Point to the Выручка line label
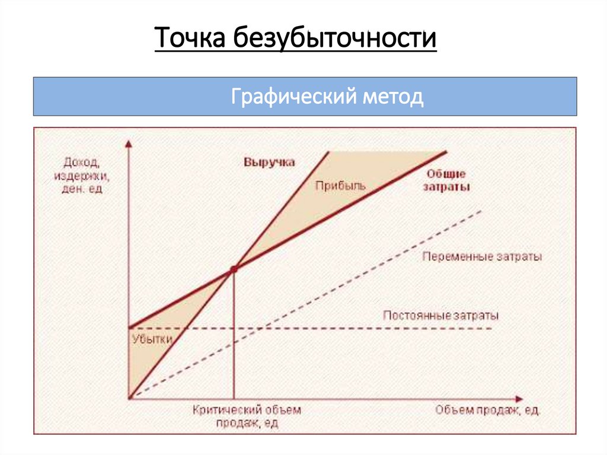tap(269, 162)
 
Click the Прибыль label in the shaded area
tap(340, 185)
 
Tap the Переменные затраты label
tap(481, 257)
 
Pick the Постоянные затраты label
tap(440, 315)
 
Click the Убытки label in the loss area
tap(152, 339)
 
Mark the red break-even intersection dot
tap(234, 269)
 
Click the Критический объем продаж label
tap(247, 416)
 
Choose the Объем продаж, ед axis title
tap(487, 410)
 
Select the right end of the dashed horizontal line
tap(491, 328)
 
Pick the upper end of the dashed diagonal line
tap(481, 211)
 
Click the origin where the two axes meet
tap(129, 399)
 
